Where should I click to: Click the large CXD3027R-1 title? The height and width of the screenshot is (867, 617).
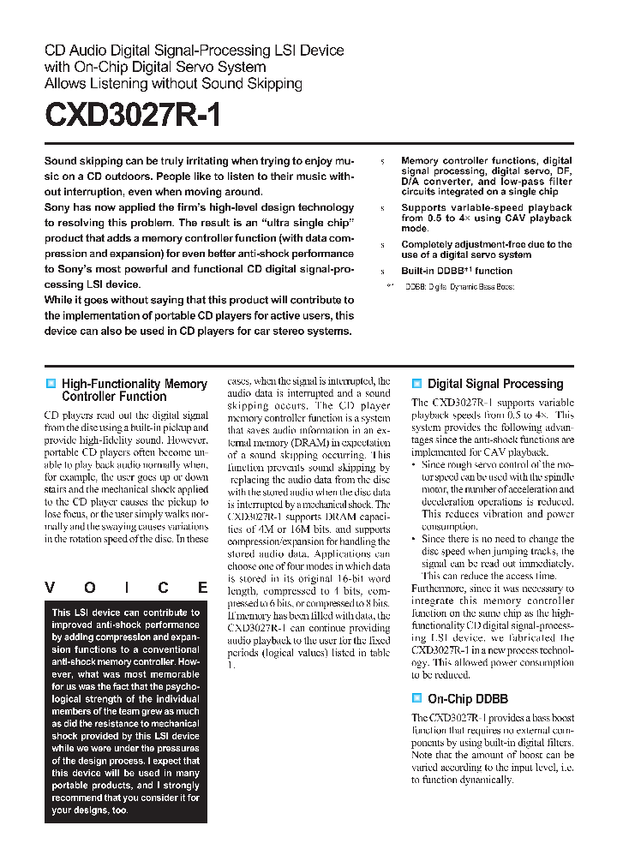[133, 116]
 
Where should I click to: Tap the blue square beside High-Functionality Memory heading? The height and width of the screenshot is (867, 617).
[51, 384]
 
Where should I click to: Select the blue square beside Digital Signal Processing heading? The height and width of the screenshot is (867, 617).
[416, 384]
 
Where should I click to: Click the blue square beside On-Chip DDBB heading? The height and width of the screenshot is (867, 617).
[416, 698]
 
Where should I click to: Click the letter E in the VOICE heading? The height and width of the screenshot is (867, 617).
[202, 588]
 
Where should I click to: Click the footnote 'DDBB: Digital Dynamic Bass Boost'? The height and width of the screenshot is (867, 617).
[459, 286]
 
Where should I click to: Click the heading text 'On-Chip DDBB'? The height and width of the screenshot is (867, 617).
[468, 698]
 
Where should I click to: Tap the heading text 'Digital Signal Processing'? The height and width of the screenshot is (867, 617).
[495, 384]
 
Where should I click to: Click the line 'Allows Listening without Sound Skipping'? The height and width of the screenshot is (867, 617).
[173, 84]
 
